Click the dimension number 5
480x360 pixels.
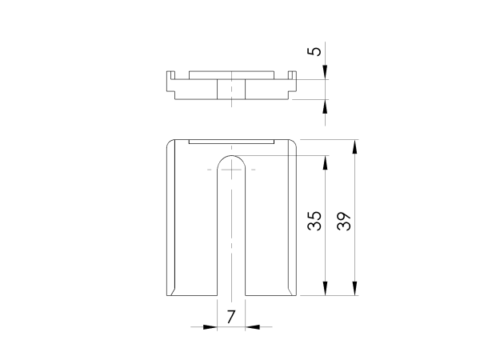(x=316, y=52)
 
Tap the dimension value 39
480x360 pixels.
(x=345, y=222)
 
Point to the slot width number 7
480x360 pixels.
(x=231, y=317)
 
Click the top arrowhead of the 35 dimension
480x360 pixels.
(x=325, y=160)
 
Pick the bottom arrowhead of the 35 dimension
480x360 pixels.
(x=325, y=291)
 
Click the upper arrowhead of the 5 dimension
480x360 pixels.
(x=326, y=74)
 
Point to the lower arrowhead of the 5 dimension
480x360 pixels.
(x=326, y=106)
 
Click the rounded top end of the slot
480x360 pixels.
(x=231, y=160)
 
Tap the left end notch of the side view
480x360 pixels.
(x=169, y=82)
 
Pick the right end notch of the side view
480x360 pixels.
(x=293, y=82)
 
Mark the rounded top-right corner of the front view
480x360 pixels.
(x=294, y=142)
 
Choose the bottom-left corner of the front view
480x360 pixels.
(x=167, y=294)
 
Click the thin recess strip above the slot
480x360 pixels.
(x=231, y=141)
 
